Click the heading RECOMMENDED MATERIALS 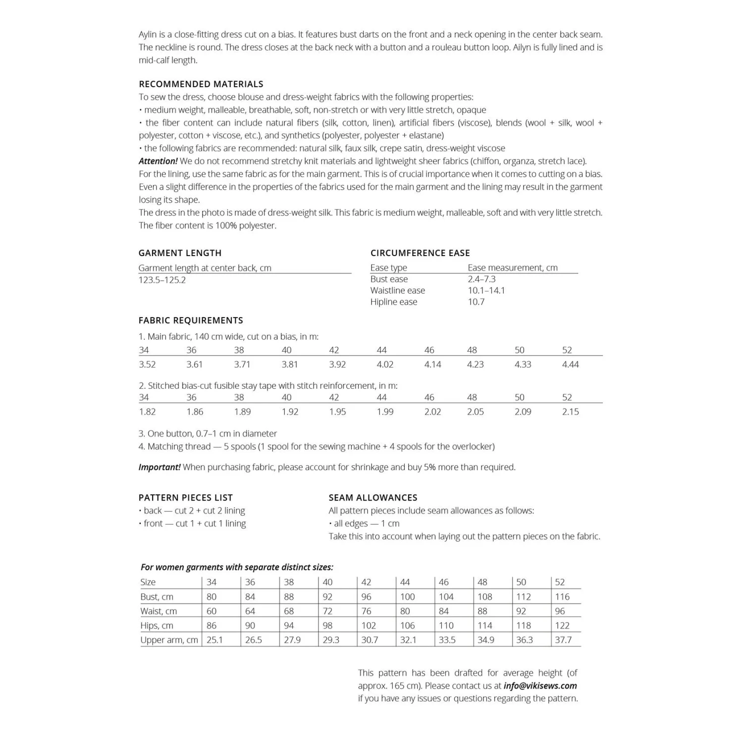[x=201, y=84]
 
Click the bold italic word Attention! [x=158, y=161]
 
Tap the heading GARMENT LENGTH [x=180, y=253]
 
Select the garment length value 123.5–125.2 [x=162, y=280]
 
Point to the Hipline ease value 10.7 [x=476, y=302]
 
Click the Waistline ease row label [x=397, y=290]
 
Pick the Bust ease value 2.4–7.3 [x=481, y=279]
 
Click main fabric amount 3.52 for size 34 [x=147, y=364]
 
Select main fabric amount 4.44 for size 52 [x=570, y=364]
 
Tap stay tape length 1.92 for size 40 [x=290, y=412]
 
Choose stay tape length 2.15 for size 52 [x=570, y=412]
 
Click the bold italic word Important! [x=159, y=467]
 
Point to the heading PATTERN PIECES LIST [x=185, y=498]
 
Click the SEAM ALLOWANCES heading [x=372, y=498]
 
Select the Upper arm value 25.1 [x=214, y=640]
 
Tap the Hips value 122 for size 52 [x=562, y=626]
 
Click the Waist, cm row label [x=159, y=611]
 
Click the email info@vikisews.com [x=540, y=686]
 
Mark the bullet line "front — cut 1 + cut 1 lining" [x=195, y=524]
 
